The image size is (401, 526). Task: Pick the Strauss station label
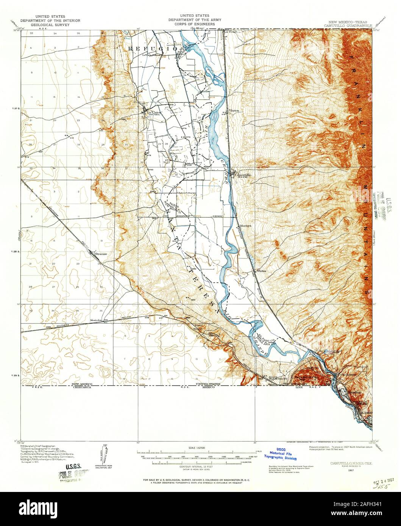pos(101,254)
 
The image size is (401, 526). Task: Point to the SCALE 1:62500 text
pos(193,447)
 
